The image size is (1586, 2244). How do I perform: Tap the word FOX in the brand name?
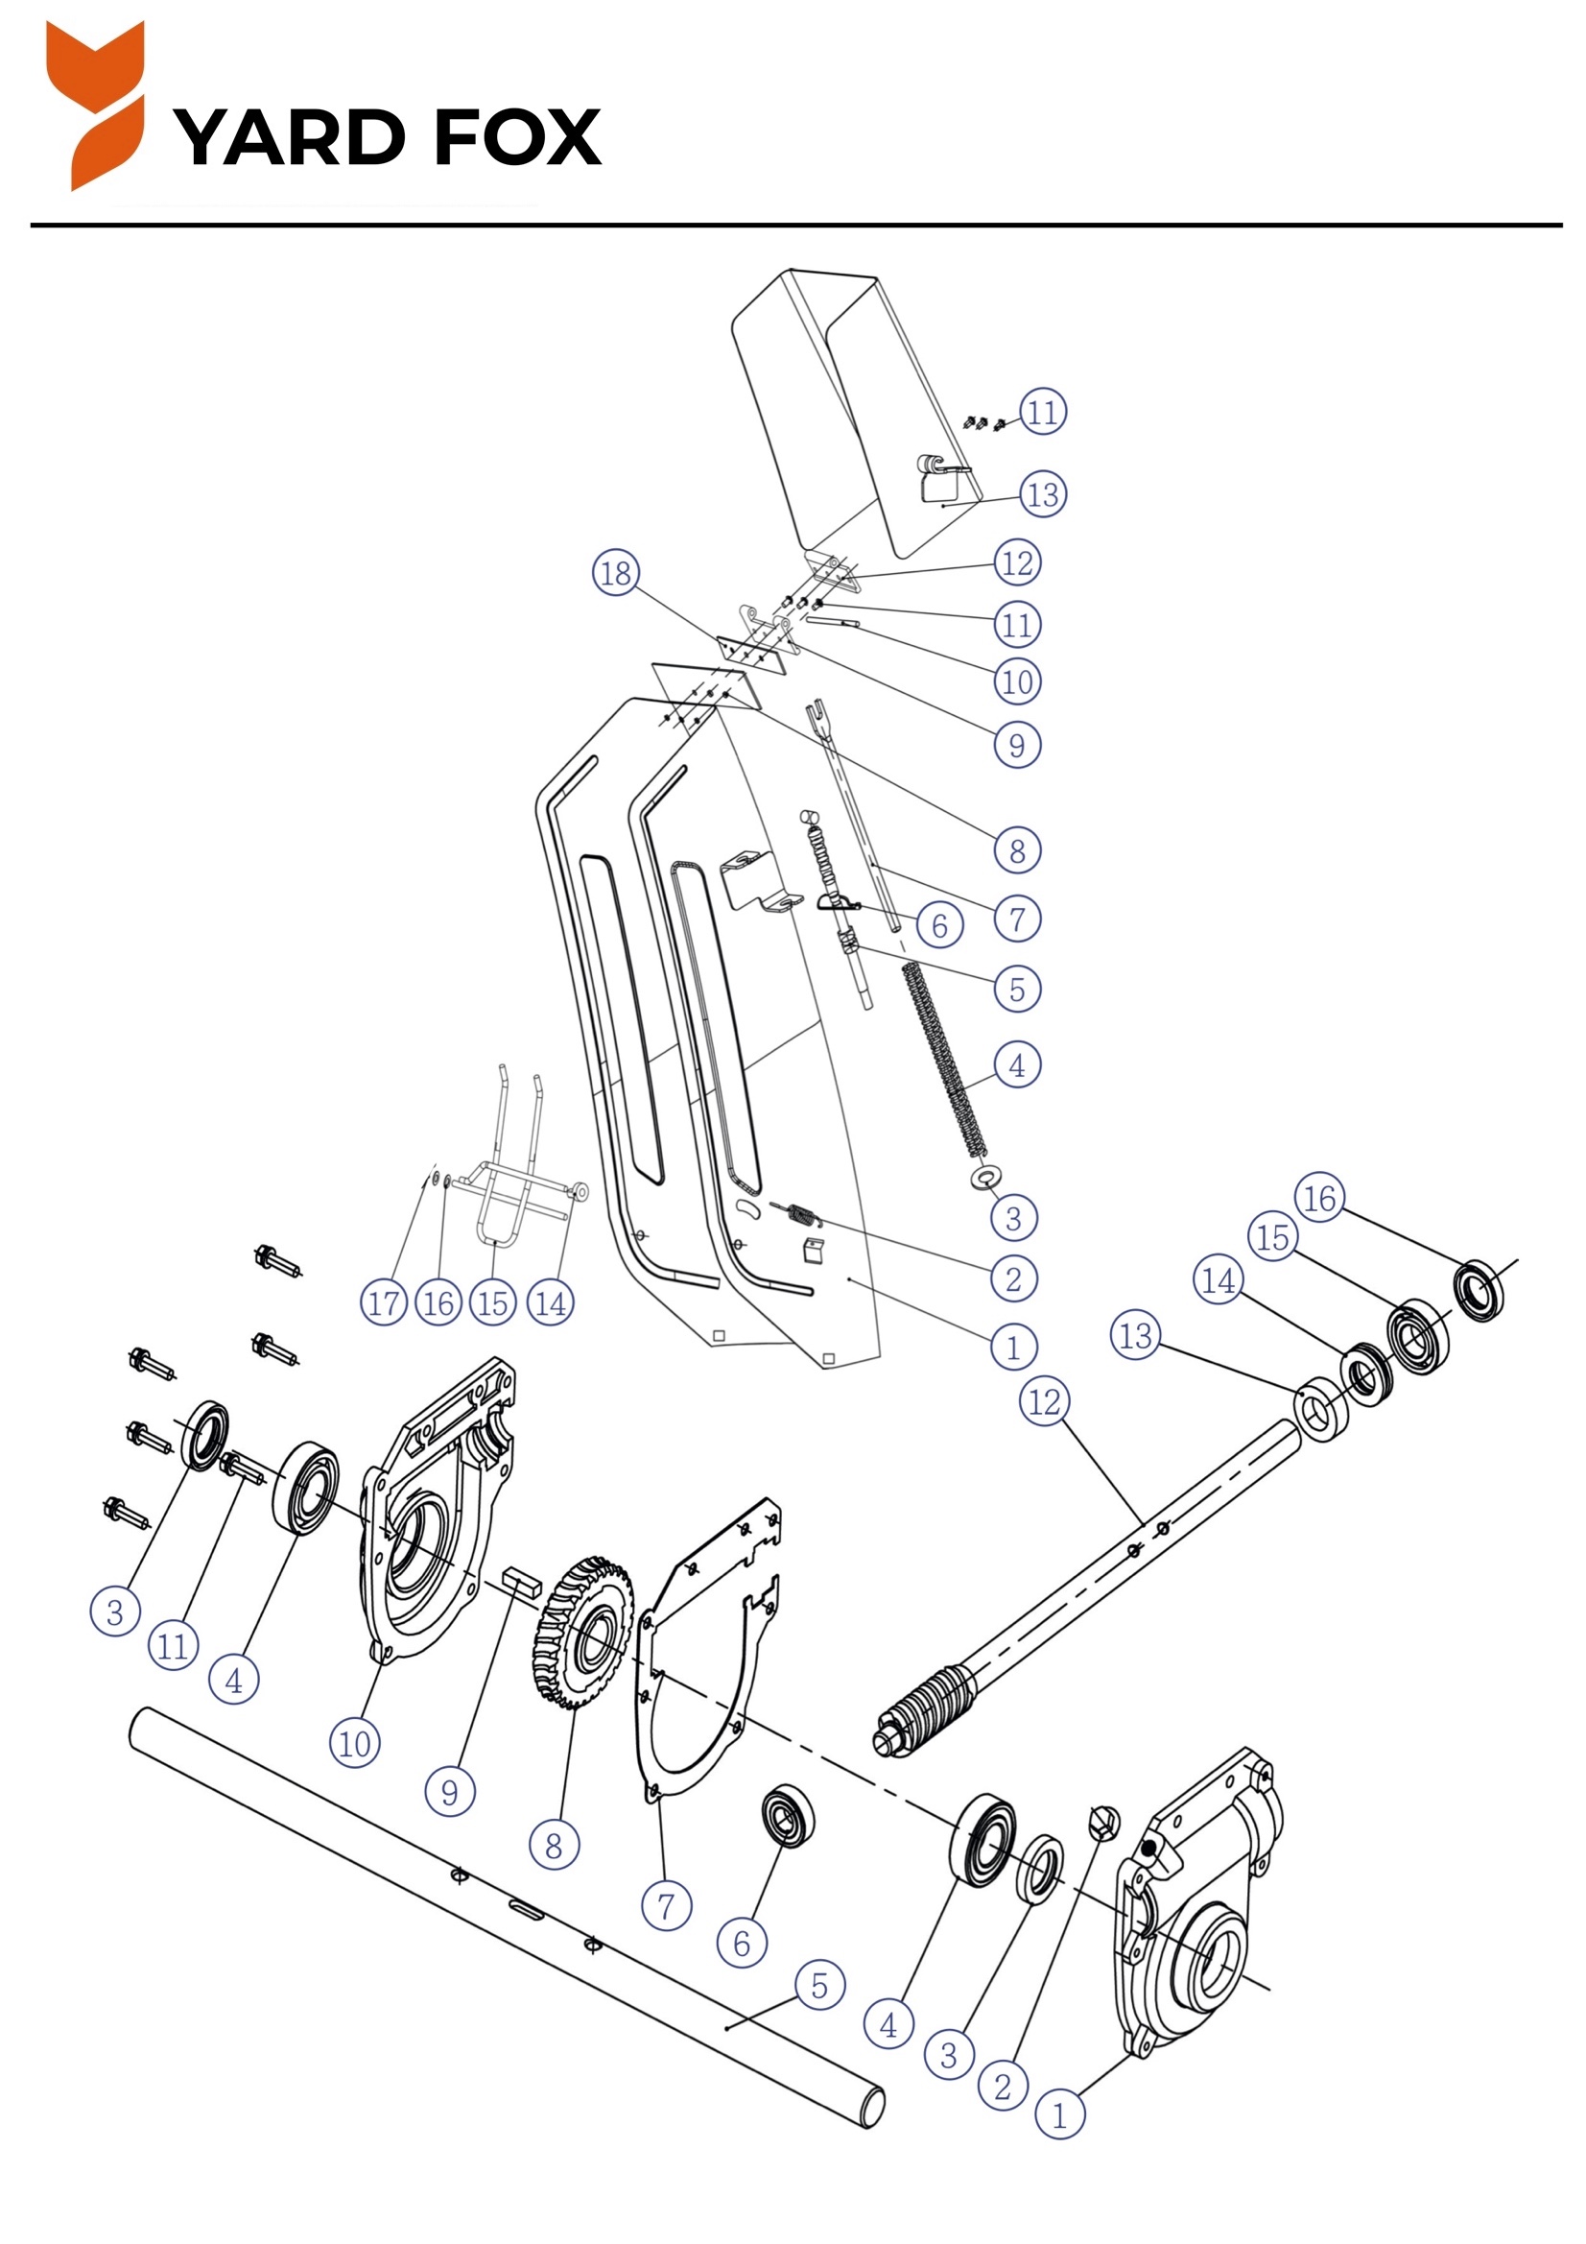(517, 137)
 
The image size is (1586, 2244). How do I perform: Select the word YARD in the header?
(289, 137)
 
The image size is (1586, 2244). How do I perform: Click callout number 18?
(616, 573)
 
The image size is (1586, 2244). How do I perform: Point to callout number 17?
(383, 1302)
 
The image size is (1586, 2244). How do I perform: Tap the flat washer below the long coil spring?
(984, 1175)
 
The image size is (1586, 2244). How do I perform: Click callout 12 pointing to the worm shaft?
(1045, 1401)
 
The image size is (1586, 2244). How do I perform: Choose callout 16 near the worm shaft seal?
(1319, 1197)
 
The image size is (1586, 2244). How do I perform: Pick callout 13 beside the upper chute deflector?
(1043, 494)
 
